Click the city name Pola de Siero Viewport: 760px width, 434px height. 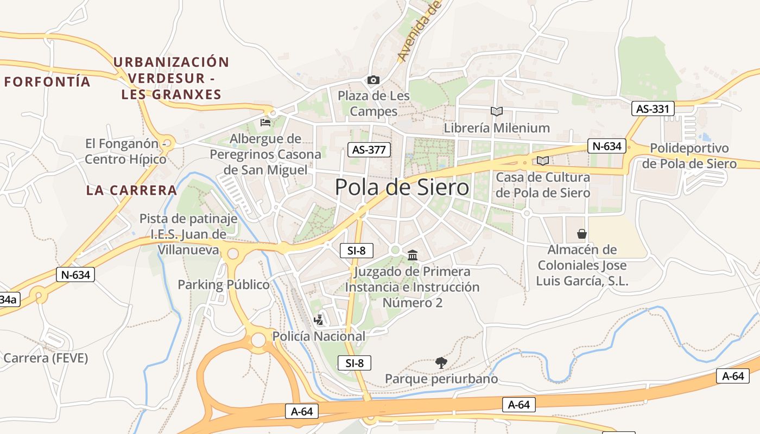tap(402, 188)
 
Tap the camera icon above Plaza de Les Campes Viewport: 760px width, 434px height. tap(373, 80)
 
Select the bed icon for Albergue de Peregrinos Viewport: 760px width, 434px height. tap(265, 122)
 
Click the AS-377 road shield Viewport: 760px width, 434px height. tap(369, 150)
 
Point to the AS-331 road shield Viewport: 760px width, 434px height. tap(653, 109)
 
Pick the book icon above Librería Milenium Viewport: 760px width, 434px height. tap(496, 111)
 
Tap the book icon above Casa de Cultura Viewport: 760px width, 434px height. tap(542, 161)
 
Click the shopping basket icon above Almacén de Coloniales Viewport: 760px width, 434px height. tap(582, 234)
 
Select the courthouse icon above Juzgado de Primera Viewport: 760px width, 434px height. tap(412, 255)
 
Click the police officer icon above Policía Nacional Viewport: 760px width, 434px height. tap(319, 320)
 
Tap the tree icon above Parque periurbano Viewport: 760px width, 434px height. tap(441, 362)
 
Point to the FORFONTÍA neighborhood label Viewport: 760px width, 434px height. tap(47, 82)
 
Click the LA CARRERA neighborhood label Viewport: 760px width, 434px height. tap(131, 190)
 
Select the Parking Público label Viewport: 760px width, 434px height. tap(224, 285)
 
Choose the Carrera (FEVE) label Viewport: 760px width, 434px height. tap(46, 358)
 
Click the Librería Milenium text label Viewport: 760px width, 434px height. tap(497, 128)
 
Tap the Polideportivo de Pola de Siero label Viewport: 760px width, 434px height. tap(689, 156)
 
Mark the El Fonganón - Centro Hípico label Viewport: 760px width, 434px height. tap(126, 151)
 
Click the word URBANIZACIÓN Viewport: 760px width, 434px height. tap(171, 62)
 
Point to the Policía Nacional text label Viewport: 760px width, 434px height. tap(319, 336)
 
